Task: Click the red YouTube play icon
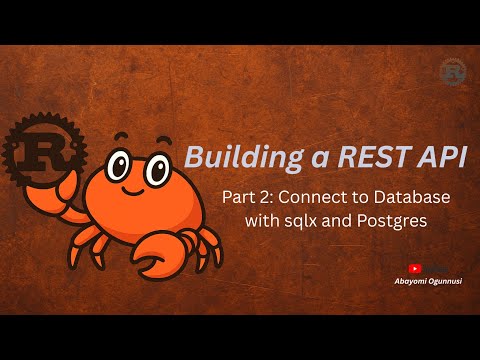pyautogui.click(x=414, y=268)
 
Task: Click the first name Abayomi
pyautogui.click(x=406, y=282)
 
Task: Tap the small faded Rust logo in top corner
pyautogui.click(x=453, y=72)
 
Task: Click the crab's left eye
pyautogui.click(x=117, y=164)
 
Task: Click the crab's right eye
pyautogui.click(x=154, y=167)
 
